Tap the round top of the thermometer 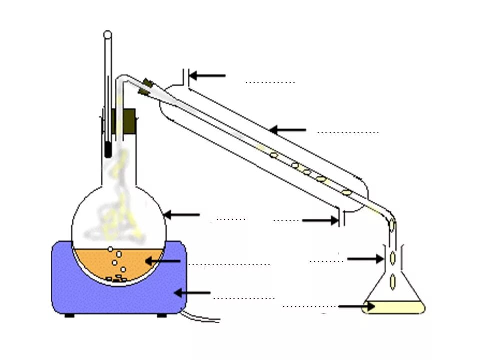(x=107, y=34)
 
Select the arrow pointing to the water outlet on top (x=207, y=76)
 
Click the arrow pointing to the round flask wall (x=181, y=215)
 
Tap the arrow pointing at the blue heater (x=192, y=293)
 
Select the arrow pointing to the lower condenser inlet (x=320, y=220)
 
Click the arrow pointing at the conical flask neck (x=365, y=259)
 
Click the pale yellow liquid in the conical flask (x=395, y=308)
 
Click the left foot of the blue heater (x=70, y=315)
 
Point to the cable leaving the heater (x=200, y=318)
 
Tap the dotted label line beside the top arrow (x=270, y=82)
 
